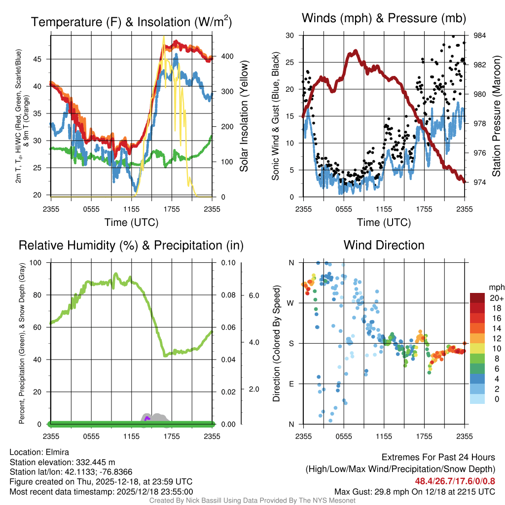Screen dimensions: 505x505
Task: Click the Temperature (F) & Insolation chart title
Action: [131, 22]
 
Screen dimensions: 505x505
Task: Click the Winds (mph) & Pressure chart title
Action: [384, 19]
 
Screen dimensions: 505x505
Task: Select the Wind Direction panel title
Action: [384, 245]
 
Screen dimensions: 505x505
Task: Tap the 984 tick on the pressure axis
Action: [480, 36]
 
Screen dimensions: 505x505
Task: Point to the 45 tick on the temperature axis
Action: [42, 59]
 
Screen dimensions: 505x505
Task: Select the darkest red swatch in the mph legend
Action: [477, 298]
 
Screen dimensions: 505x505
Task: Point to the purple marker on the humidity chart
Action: [146, 418]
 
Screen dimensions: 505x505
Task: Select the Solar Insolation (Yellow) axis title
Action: [244, 116]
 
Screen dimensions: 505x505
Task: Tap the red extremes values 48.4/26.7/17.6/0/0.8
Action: [455, 481]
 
